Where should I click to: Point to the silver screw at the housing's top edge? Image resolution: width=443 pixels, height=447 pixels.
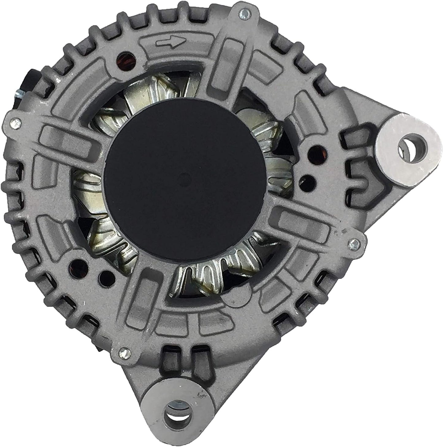244,13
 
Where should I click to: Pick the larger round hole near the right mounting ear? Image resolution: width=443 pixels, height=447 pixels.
316,152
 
